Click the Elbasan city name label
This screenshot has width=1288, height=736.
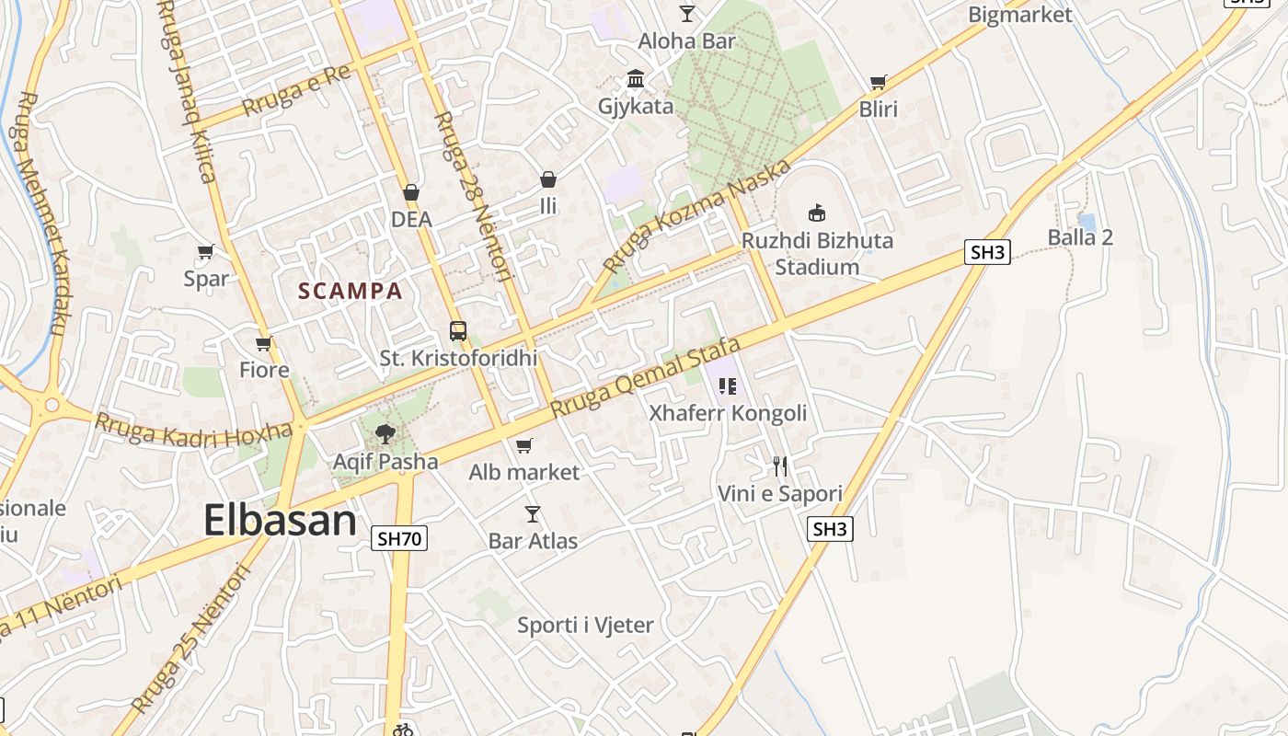pos(280,521)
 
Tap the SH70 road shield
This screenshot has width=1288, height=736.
pos(399,538)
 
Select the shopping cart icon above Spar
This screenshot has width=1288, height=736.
pos(205,251)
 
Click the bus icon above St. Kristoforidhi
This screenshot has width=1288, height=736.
pos(457,331)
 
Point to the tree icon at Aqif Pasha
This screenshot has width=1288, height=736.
pos(385,433)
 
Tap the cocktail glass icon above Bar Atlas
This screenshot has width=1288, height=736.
pos(532,513)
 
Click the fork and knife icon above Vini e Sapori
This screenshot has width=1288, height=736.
pos(780,466)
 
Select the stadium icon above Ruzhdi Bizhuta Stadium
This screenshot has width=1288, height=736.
pos(816,213)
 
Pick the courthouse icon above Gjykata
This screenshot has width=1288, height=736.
pos(635,78)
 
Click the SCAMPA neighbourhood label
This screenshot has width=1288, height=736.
pos(351,292)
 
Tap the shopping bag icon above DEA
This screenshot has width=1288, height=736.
pos(411,192)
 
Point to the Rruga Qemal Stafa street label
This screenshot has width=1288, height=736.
pos(646,378)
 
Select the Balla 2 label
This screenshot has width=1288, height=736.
pos(1080,237)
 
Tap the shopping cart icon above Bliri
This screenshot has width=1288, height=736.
pos(878,83)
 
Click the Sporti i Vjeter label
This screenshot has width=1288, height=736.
pos(585,626)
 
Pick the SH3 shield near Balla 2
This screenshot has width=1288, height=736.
pos(987,252)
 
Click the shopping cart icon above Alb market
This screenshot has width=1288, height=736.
pos(523,445)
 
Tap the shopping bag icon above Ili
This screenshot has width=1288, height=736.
pos(548,178)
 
